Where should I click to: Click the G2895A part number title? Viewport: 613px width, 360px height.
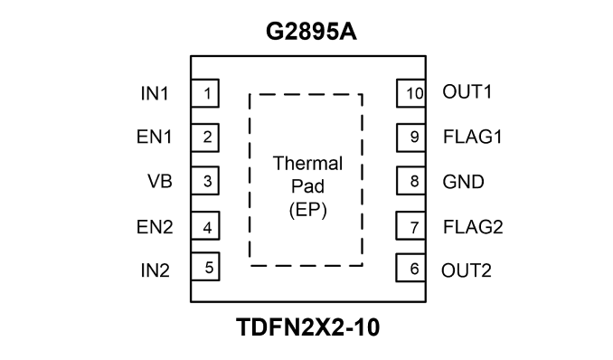click(311, 32)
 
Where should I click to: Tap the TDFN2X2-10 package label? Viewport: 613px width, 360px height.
click(308, 327)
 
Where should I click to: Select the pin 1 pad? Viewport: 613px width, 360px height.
click(205, 93)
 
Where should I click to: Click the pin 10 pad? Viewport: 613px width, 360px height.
click(411, 93)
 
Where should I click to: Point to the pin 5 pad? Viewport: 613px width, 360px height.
click(205, 267)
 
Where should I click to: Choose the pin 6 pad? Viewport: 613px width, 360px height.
click(410, 268)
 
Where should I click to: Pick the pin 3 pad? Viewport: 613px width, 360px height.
click(205, 180)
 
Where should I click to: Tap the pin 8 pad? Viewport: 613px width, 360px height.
click(411, 180)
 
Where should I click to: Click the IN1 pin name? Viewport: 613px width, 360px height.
click(155, 93)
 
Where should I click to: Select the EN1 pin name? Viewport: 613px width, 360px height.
click(155, 137)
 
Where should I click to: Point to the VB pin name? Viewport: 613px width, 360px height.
click(160, 181)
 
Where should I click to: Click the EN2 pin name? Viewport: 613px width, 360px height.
click(155, 227)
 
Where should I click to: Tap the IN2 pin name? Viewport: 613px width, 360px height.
click(156, 270)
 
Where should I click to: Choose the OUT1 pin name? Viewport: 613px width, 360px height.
click(467, 92)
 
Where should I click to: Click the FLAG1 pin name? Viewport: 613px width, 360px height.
click(473, 137)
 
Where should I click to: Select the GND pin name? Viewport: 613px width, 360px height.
click(463, 182)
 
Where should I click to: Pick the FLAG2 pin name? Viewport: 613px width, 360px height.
click(473, 227)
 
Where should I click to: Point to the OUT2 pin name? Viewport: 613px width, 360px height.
click(467, 270)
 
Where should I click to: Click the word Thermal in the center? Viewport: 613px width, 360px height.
click(307, 163)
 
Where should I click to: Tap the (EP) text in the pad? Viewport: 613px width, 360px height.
click(308, 210)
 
